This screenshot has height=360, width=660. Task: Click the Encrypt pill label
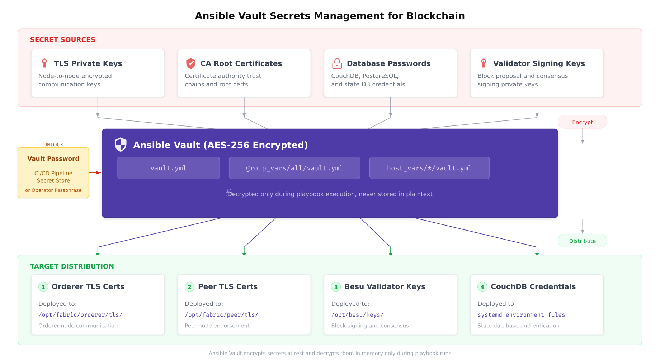pos(582,122)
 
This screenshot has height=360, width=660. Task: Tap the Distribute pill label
pos(582,241)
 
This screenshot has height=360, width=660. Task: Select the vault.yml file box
pos(169,168)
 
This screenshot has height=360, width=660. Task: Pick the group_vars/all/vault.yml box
pos(294,168)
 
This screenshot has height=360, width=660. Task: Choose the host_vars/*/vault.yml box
pos(429,168)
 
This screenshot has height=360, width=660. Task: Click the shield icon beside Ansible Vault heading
pos(121,145)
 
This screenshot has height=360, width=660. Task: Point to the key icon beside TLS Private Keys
pos(44,63)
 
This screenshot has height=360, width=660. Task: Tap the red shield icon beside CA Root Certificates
pos(191,63)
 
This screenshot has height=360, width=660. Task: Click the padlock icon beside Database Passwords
pos(337,63)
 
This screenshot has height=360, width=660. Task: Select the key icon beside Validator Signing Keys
pos(484,63)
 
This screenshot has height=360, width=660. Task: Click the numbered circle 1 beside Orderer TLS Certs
pos(43,287)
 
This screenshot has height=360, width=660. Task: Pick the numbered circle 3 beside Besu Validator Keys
pos(336,287)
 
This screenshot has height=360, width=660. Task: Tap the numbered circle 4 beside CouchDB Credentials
pos(482,287)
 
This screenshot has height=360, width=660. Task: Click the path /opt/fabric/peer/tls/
pos(222,315)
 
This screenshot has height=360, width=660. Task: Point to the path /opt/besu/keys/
pos(357,315)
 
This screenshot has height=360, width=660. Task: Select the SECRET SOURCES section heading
pos(62,40)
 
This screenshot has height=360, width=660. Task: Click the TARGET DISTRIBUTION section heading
pos(72,266)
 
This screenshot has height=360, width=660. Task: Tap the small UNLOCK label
pos(53,145)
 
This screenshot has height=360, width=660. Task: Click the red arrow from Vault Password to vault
pos(95,173)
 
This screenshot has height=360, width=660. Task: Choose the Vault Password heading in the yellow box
pos(53,159)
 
